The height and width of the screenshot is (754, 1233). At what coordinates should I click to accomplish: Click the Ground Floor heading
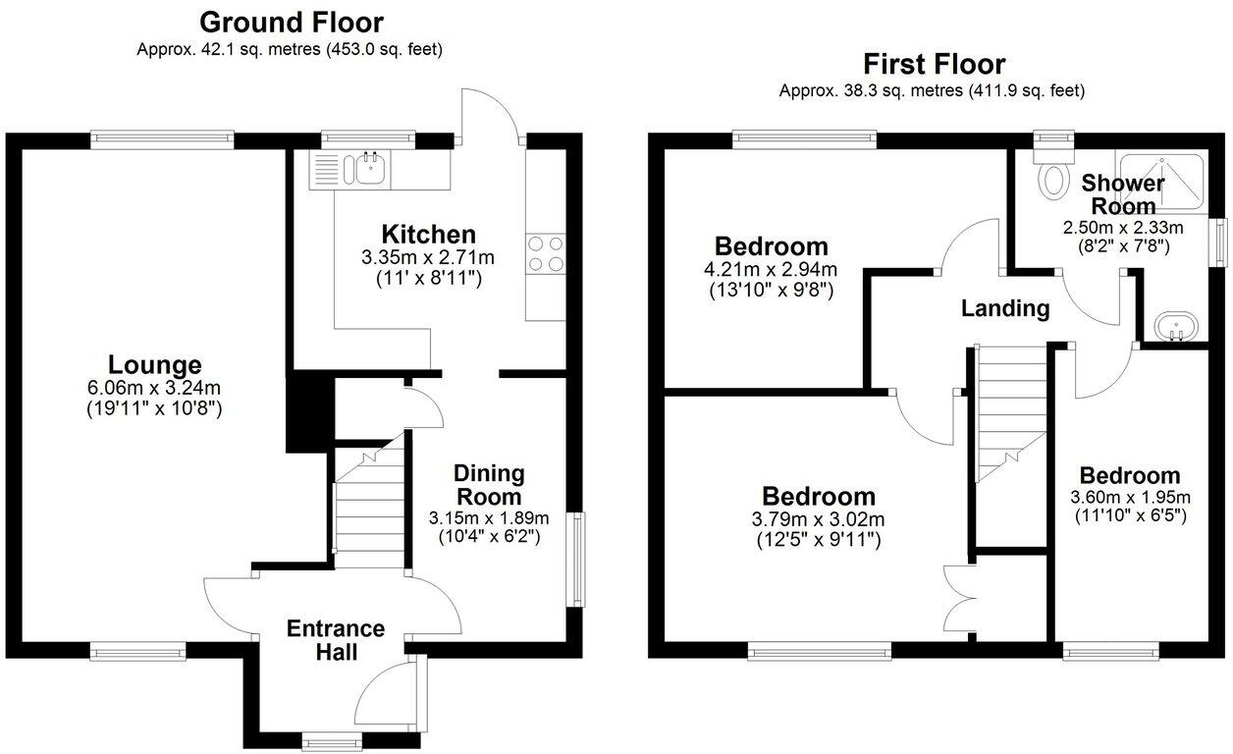tap(292, 21)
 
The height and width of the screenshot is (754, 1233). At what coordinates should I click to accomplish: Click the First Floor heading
tap(934, 64)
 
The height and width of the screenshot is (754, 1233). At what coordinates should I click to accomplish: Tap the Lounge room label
tap(154, 365)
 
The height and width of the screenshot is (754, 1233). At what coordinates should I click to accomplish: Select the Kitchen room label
tap(428, 235)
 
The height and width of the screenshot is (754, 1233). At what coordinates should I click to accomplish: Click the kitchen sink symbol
tap(370, 169)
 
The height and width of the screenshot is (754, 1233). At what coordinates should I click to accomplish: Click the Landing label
tap(1004, 308)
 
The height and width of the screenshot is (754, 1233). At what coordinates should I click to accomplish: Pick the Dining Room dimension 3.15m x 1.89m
tap(488, 518)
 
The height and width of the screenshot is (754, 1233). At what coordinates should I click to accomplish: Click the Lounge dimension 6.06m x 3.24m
tap(154, 389)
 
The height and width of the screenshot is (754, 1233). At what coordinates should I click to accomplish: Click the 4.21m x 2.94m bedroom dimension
tap(771, 270)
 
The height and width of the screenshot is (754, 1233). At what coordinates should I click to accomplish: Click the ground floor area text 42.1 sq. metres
tap(290, 48)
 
